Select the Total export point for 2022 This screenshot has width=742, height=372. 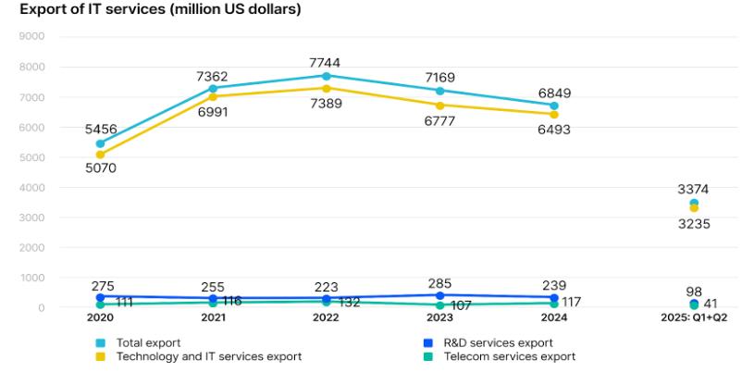point(326,76)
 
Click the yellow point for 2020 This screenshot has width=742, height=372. point(100,155)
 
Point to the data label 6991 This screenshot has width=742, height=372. point(213,112)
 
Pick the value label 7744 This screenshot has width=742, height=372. point(326,61)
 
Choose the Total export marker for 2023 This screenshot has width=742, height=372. point(439,91)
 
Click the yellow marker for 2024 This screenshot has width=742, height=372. point(553,115)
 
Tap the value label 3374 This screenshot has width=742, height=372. point(693,189)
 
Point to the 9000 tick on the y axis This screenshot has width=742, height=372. point(31,37)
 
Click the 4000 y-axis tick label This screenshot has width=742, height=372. point(31,188)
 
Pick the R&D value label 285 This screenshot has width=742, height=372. point(439,285)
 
